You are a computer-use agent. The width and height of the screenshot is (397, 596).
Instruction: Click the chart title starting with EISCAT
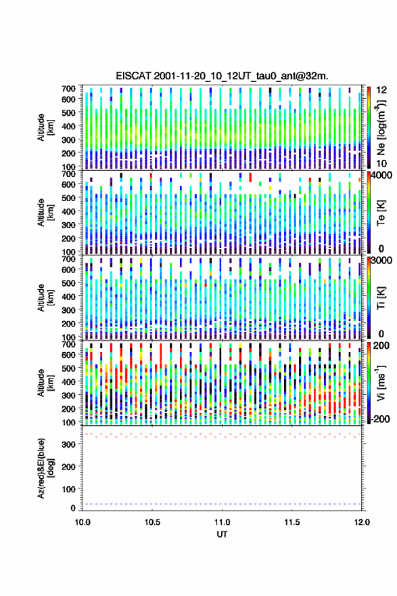tap(222, 76)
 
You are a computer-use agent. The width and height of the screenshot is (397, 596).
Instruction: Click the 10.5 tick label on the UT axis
tap(152, 522)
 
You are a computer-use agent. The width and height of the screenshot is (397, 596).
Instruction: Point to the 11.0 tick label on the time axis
tap(222, 522)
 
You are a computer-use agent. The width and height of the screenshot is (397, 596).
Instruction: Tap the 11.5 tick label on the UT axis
tap(292, 522)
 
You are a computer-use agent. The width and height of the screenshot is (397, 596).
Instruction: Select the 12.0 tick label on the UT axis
tap(362, 522)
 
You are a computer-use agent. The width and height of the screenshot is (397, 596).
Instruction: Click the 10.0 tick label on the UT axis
tap(83, 522)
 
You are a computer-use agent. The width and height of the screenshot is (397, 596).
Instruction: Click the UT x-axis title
tap(222, 534)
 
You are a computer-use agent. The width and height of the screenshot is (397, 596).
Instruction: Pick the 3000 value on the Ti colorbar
tap(382, 260)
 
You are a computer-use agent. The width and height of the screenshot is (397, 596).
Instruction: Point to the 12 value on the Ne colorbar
tap(381, 90)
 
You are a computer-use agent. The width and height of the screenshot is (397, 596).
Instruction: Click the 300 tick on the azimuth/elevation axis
tap(68, 444)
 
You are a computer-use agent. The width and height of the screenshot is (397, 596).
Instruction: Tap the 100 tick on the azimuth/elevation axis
tap(68, 489)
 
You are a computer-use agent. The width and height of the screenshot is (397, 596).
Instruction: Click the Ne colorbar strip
tap(369, 127)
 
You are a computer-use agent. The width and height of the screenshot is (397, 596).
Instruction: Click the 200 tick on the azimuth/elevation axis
tap(68, 467)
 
